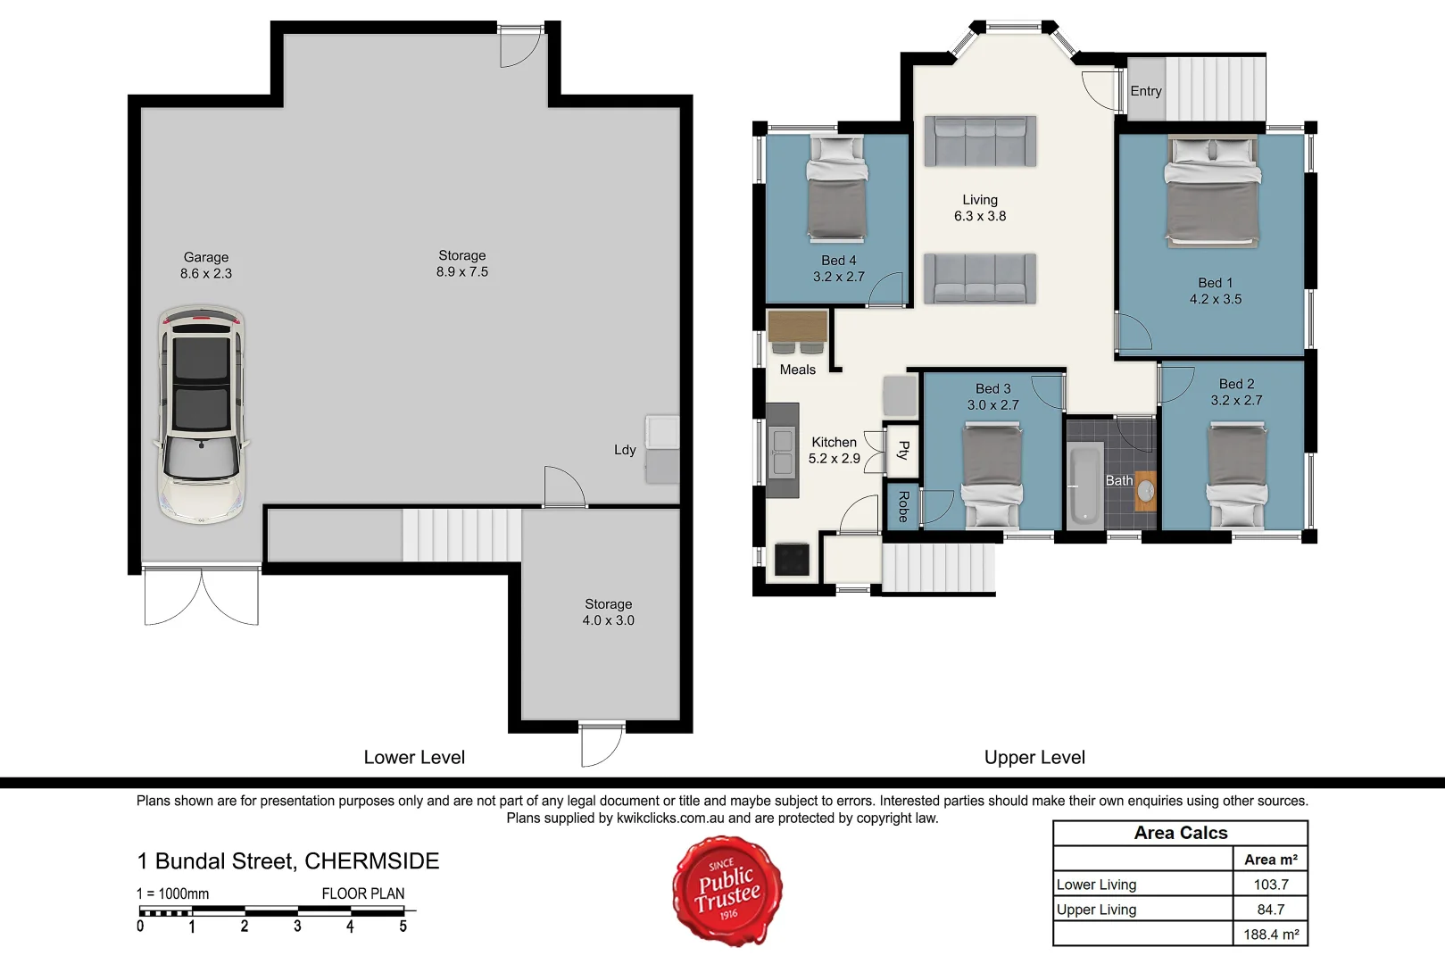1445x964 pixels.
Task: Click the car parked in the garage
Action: click(x=202, y=415)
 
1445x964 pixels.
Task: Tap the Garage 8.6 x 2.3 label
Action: click(x=206, y=265)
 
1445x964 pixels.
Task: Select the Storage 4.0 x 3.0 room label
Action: click(x=608, y=612)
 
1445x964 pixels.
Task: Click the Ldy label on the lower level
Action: click(x=625, y=450)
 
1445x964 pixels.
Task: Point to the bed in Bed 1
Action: click(x=1213, y=191)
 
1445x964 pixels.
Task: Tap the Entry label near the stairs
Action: click(x=1146, y=91)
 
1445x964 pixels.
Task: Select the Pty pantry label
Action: click(x=902, y=450)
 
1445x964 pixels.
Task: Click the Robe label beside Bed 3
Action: click(x=902, y=506)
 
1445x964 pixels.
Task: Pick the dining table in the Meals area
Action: click(x=797, y=327)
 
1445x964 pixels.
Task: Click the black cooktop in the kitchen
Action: click(x=792, y=560)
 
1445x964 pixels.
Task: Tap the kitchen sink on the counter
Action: click(x=783, y=452)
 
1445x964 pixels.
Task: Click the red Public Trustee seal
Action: click(x=727, y=890)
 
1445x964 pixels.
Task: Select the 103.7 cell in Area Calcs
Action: click(x=1270, y=885)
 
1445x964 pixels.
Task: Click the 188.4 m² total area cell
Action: click(x=1270, y=935)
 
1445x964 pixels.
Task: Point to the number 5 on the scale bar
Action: click(x=403, y=927)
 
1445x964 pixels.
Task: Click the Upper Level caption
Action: click(x=1034, y=758)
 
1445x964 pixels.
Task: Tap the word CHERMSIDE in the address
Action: click(x=371, y=861)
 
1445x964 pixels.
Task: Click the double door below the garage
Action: click(x=202, y=594)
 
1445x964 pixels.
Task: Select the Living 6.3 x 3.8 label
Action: click(x=979, y=208)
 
